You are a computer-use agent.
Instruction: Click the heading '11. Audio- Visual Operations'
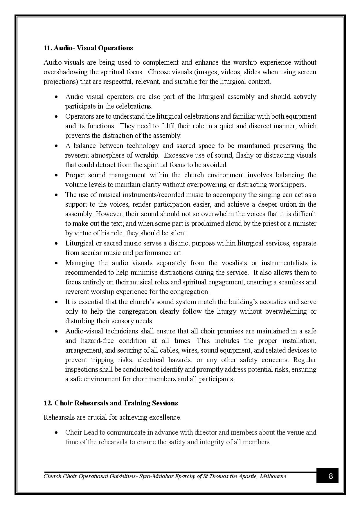point(88,48)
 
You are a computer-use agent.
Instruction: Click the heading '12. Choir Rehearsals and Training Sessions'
point(111,403)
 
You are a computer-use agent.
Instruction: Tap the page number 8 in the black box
point(331,476)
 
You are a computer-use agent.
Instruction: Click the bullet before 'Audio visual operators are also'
point(57,97)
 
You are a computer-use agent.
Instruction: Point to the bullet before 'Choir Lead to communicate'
point(57,432)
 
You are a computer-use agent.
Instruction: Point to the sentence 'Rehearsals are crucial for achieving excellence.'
point(112,417)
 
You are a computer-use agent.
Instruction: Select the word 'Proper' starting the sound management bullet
point(75,175)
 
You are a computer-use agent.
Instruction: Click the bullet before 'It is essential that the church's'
point(57,302)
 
